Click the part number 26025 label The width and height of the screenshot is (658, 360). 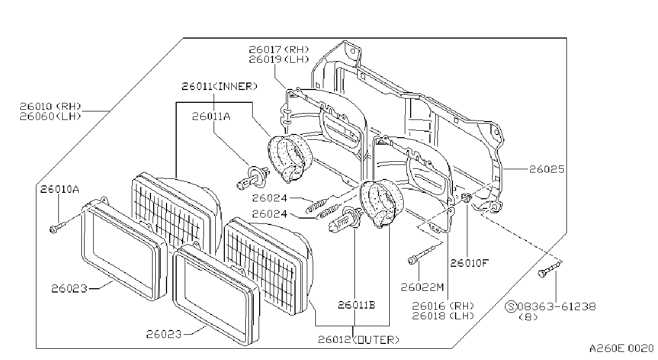(x=547, y=169)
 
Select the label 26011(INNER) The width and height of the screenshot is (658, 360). (x=220, y=86)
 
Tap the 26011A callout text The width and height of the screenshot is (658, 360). (x=211, y=117)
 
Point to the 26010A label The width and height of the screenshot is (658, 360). (x=59, y=189)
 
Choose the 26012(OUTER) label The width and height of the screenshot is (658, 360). (x=359, y=340)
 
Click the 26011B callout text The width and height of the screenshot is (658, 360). (x=357, y=305)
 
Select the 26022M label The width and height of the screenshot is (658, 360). (x=422, y=288)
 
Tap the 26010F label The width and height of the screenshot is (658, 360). (x=469, y=263)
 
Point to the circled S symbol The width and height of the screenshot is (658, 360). (x=511, y=306)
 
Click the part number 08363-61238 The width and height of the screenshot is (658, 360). (x=557, y=306)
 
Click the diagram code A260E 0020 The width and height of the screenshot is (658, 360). (x=621, y=349)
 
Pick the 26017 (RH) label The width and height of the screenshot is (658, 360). (x=279, y=49)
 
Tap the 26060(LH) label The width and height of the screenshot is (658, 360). (x=50, y=117)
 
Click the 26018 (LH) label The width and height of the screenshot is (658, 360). (x=443, y=316)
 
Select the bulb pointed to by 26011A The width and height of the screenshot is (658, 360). (x=253, y=177)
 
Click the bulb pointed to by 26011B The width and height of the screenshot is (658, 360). (x=345, y=220)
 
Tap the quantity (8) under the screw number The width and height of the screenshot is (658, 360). (x=528, y=317)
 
